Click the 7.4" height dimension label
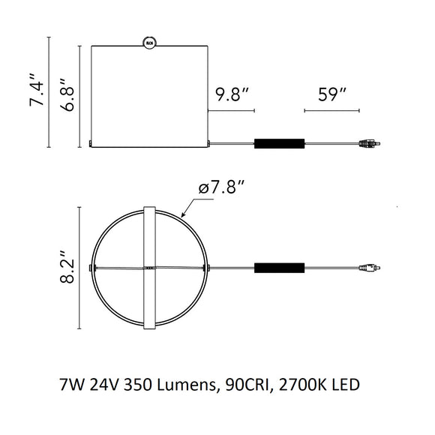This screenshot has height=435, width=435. [x=37, y=90]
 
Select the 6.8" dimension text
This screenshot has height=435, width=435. [x=67, y=95]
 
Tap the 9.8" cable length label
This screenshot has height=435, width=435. [x=232, y=94]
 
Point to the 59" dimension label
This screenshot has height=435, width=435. [x=332, y=94]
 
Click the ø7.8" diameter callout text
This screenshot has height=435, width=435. [x=222, y=187]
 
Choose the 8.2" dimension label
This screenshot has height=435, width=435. [x=67, y=267]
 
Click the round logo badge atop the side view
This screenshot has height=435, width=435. [x=149, y=43]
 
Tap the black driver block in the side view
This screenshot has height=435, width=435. [x=279, y=144]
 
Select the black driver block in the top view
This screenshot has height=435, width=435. [x=279, y=268]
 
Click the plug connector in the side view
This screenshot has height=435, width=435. [x=370, y=144]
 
